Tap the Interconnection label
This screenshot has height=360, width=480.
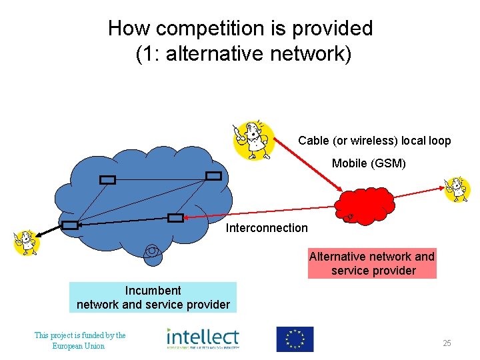coord(267,228)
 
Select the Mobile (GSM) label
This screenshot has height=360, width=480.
coord(369,163)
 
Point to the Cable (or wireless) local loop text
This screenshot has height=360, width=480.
coord(375,141)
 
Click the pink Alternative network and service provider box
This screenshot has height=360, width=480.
coord(372,263)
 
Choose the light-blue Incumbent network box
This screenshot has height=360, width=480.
coord(153,297)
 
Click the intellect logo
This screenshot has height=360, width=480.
coord(203,339)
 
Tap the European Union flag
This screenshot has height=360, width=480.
coord(295,339)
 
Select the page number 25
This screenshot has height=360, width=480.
coord(447,343)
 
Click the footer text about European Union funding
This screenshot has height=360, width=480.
coord(80,340)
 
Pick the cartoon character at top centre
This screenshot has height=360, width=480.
coord(252,140)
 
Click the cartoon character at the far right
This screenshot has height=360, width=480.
coord(457,189)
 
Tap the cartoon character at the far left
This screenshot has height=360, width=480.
coord(27,241)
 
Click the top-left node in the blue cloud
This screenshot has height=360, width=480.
coord(107,179)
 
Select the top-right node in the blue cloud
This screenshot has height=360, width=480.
coord(213,175)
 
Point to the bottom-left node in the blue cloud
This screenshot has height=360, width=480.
coord(70,225)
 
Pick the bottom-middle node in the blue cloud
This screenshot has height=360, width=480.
coord(175,217)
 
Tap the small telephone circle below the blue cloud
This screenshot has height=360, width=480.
coord(153,253)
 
